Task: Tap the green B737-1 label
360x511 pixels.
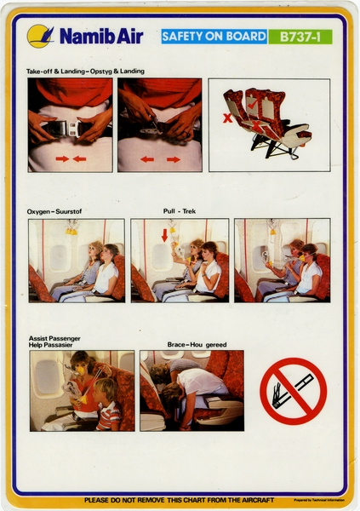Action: [300, 37]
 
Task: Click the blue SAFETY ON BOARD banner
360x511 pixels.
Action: [212, 37]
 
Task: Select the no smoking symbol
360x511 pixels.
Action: [293, 390]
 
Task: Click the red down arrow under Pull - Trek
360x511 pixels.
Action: [165, 234]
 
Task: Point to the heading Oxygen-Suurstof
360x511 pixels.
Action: [54, 210]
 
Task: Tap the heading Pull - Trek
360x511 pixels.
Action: [180, 210]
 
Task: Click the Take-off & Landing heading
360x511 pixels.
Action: [85, 71]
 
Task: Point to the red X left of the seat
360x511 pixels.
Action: [227, 118]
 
